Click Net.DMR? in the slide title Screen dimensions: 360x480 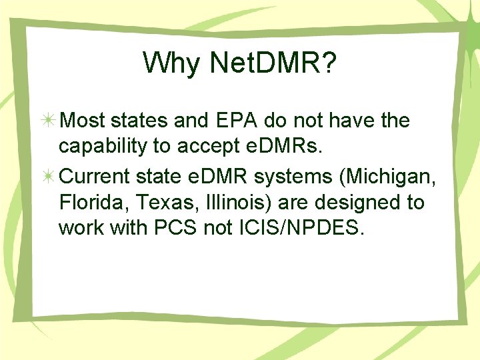coord(273,63)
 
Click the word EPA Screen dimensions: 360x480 coord(234,121)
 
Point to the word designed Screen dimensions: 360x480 coord(349,201)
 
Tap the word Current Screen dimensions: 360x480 coord(95,177)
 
